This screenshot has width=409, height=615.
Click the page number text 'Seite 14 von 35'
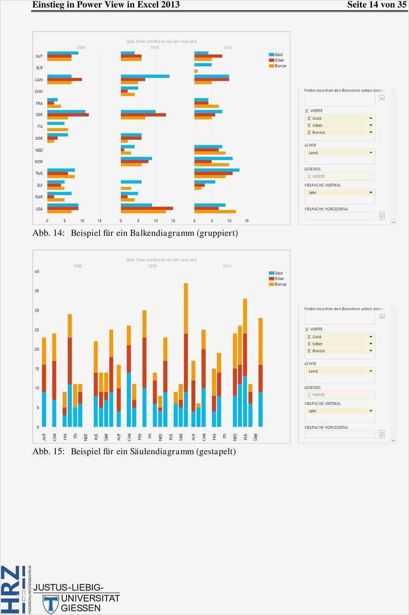tap(377, 5)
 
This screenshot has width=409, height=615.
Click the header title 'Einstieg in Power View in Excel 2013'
tap(106, 5)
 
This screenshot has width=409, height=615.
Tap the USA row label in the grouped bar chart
tap(39, 209)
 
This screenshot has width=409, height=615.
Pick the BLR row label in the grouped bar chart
tap(39, 68)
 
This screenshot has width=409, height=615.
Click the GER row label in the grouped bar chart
tap(39, 115)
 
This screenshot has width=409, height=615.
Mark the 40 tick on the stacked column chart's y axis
tap(37, 271)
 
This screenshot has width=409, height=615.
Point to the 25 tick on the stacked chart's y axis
tap(37, 330)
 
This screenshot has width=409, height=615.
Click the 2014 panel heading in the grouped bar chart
tap(228, 48)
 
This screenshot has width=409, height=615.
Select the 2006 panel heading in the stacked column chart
tap(78, 266)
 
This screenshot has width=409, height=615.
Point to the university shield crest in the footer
tap(51, 604)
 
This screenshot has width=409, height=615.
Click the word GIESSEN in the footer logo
tap(81, 608)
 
